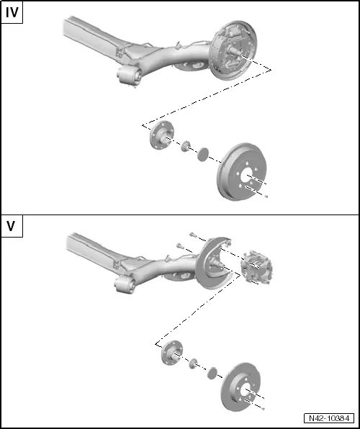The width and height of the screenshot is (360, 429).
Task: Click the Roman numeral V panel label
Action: pyautogui.click(x=12, y=226)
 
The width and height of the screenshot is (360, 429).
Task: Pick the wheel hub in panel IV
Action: pyautogui.click(x=159, y=136)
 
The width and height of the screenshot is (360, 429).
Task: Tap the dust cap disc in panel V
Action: pyautogui.click(x=212, y=373)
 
